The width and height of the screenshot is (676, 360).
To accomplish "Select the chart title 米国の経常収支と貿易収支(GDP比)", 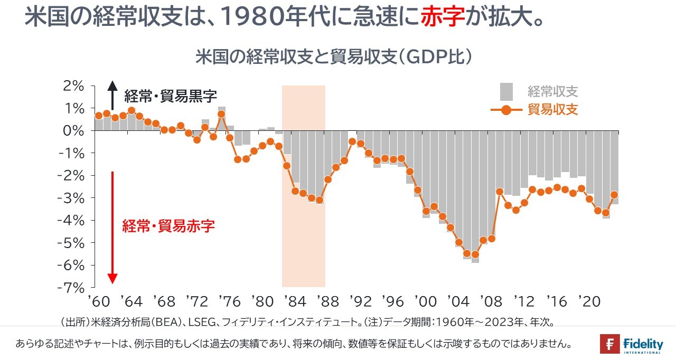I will click(333, 57).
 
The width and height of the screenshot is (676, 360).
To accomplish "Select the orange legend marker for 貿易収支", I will click(506, 110).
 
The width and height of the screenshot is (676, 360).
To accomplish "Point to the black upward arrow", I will click(112, 95).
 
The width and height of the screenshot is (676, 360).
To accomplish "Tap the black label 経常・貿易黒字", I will click(170, 96).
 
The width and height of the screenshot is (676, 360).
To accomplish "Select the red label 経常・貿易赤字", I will click(168, 226).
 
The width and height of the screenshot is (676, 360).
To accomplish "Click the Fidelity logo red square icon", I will click(609, 344).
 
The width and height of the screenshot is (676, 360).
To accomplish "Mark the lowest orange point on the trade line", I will click(475, 254).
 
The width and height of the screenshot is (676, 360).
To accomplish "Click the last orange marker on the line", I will click(614, 195).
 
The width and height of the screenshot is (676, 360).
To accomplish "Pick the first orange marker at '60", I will click(99, 116).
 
